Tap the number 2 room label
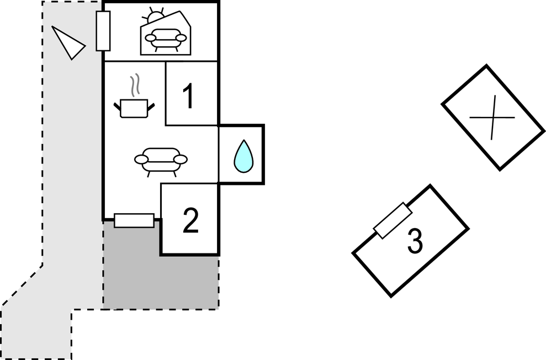click(190, 221)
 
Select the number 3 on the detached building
click(415, 241)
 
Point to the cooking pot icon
click(133, 108)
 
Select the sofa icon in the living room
click(161, 160)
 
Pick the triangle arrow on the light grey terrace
click(68, 43)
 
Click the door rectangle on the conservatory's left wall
click(103, 31)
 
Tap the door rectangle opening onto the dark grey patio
click(134, 220)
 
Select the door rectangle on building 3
click(393, 220)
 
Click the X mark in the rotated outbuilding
click(492, 117)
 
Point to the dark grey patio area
click(160, 282)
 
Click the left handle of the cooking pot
click(117, 105)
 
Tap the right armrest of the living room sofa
click(181, 160)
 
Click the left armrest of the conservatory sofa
click(149, 38)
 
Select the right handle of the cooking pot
click(150, 105)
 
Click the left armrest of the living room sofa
click(141, 160)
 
